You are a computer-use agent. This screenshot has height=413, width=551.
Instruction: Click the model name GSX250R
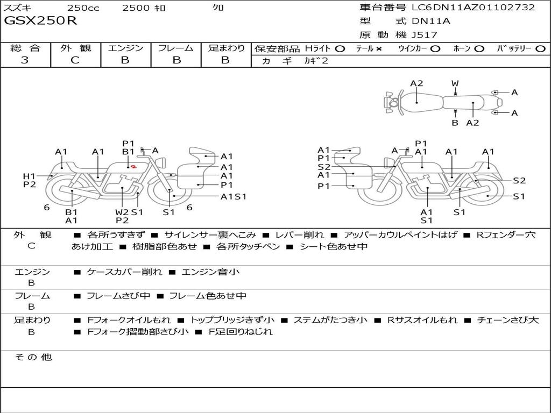click(41, 21)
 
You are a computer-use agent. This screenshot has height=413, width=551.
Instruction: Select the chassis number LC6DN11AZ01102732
click(473, 8)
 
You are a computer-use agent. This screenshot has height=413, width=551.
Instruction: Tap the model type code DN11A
click(430, 21)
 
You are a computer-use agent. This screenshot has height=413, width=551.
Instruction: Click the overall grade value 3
click(25, 60)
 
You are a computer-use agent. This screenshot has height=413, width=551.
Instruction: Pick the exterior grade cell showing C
click(75, 60)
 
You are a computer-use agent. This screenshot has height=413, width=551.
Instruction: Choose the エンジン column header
click(125, 48)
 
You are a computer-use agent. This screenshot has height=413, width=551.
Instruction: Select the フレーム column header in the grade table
click(176, 48)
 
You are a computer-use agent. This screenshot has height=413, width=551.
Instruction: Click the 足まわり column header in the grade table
click(227, 48)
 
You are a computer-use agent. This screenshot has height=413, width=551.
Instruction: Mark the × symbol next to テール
click(379, 48)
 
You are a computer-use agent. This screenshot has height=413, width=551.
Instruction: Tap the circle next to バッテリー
click(541, 48)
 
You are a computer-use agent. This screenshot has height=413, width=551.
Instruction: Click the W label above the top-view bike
click(455, 83)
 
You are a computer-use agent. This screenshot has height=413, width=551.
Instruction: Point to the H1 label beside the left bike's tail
click(29, 176)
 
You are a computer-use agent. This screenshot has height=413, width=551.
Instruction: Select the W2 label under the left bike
click(122, 212)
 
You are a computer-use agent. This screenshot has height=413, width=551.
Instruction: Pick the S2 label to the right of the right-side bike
click(519, 181)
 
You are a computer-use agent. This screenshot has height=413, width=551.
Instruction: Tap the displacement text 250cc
click(82, 8)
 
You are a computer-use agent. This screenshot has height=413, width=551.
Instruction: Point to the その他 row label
click(33, 357)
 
